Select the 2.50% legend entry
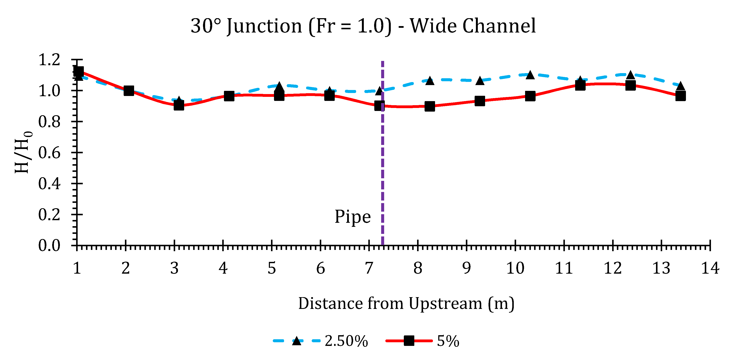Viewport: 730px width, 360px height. pyautogui.click(x=320, y=341)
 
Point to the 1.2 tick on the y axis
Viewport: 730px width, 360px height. pyautogui.click(x=49, y=60)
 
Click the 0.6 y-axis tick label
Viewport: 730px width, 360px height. pyautogui.click(x=49, y=153)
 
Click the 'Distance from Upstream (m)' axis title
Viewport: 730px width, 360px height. pyautogui.click(x=406, y=303)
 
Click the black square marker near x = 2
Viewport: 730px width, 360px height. pyautogui.click(x=129, y=91)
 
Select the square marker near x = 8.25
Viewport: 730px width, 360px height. pyautogui.click(x=430, y=106)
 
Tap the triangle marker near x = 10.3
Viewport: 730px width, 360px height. pyautogui.click(x=530, y=75)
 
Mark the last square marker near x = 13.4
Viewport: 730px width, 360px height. pyautogui.click(x=680, y=96)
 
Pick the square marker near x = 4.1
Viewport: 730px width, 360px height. pyautogui.click(x=229, y=96)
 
